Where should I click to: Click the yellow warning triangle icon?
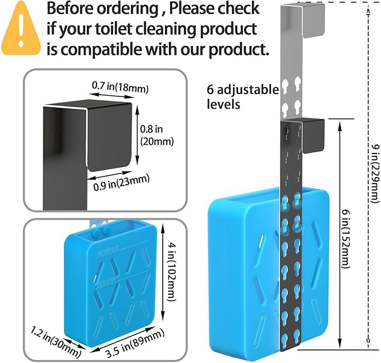(x=21, y=29)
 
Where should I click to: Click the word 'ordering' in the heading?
(x=127, y=9)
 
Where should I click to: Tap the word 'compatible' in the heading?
(x=102, y=49)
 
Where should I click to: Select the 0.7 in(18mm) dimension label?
(x=120, y=87)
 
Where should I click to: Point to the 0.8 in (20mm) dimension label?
(x=157, y=136)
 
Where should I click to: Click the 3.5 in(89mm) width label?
(x=135, y=344)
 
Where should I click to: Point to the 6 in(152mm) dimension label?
(x=346, y=240)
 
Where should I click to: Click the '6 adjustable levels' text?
(x=243, y=97)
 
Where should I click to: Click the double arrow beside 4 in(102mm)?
(x=163, y=273)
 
